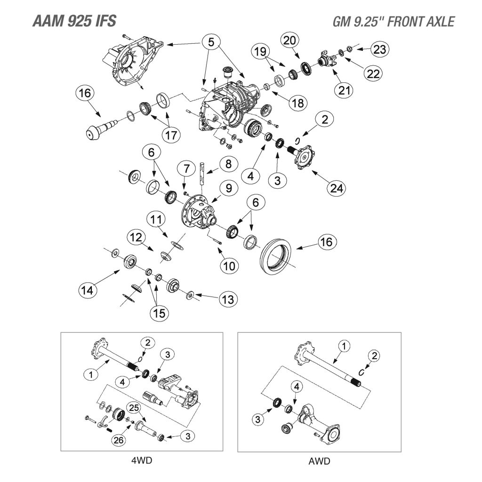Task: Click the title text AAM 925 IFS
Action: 73,21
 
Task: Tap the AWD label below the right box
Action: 320,461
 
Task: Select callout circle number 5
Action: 211,42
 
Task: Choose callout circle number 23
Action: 380,48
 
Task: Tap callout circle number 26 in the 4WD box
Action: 120,440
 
